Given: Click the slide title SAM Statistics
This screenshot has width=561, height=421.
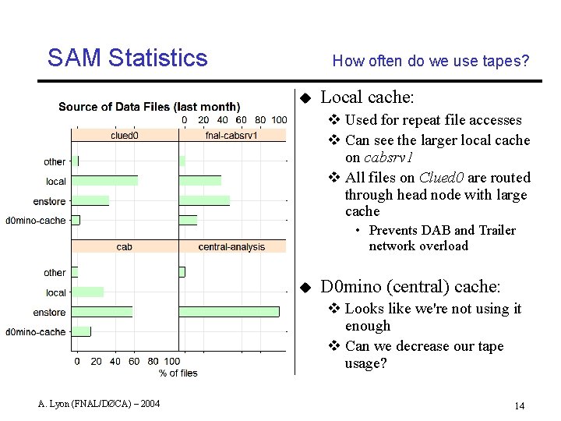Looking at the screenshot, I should (127, 58).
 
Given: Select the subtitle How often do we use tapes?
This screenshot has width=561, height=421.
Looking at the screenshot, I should (430, 61).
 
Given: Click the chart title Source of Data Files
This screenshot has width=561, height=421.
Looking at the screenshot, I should (150, 107).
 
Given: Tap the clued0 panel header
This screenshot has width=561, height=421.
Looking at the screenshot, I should (125, 135).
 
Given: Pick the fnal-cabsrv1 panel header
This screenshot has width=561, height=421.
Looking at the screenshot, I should (231, 135).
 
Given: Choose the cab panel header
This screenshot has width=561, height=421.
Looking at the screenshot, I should (125, 247).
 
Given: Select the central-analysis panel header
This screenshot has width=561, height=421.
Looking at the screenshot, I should (231, 247).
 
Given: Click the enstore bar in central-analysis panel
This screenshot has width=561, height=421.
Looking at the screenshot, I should (228, 312).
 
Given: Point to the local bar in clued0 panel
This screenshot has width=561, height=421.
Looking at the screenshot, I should (104, 181).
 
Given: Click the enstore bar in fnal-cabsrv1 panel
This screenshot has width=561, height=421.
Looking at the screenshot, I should (204, 201).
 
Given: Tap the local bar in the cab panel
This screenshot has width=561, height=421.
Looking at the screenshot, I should (87, 292).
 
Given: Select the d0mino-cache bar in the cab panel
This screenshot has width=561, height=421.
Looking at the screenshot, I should (81, 331).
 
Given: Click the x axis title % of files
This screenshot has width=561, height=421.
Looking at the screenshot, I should (178, 373).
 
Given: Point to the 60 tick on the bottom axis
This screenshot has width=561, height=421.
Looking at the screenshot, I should (134, 362).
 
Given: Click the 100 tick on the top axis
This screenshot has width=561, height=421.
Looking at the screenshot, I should (279, 120).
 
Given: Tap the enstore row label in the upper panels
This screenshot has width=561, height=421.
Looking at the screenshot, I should (50, 202).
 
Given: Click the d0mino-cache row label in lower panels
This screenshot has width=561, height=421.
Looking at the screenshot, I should (36, 332).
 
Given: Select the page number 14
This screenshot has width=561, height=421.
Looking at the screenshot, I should (520, 405).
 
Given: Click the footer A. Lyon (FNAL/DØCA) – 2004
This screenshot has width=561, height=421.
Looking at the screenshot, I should (99, 404).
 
